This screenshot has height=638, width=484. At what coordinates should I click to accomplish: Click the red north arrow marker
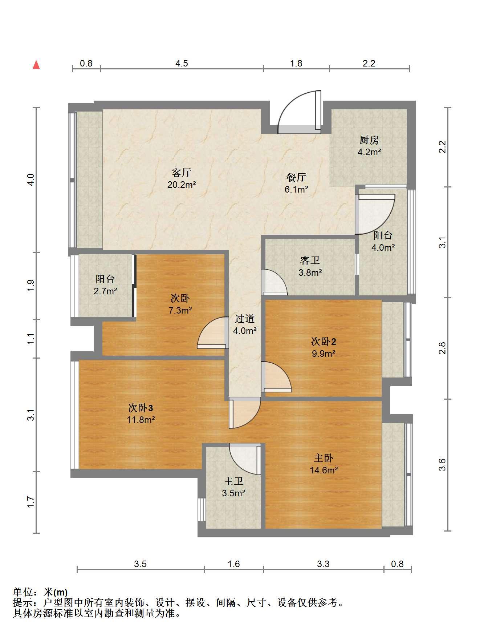point(36,65)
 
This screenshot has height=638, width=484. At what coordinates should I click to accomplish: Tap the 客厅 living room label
point(182,173)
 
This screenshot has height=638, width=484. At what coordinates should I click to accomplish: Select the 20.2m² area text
point(182,185)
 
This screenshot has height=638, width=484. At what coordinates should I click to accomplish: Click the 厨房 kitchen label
point(369,140)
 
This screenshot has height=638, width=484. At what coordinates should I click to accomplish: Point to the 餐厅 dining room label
point(296,177)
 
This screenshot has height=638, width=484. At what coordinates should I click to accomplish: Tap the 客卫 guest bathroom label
point(310,260)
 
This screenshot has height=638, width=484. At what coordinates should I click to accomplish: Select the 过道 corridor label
point(245,319)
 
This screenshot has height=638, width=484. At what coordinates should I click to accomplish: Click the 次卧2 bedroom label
point(324,341)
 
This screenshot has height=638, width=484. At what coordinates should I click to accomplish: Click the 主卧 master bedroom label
point(324,458)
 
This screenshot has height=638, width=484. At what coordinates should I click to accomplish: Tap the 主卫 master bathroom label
point(233,481)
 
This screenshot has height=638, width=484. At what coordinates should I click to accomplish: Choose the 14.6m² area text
point(324,470)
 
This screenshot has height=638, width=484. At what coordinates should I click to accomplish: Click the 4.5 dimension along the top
point(182,64)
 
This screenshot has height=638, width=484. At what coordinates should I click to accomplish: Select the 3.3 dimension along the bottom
point(323,564)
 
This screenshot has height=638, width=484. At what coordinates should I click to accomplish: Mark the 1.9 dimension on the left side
point(31,285)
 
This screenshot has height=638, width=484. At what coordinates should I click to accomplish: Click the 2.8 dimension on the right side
point(442,348)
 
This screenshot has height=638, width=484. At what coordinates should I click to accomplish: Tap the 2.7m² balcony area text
point(105,291)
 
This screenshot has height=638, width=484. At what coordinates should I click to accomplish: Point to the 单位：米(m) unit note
point(40,593)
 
